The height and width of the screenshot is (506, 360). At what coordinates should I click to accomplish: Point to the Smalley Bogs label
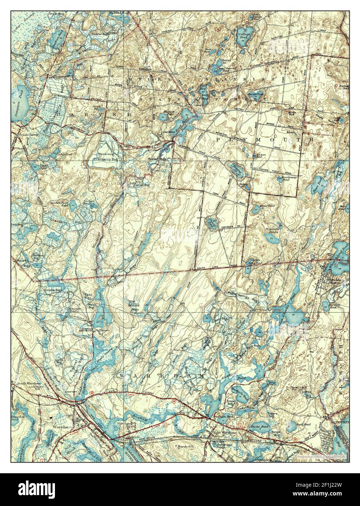pyautogui.click(x=53, y=290)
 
